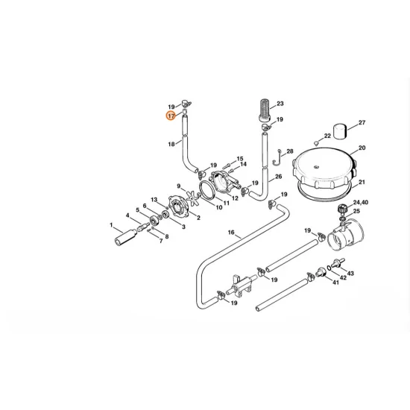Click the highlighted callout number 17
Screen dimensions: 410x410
coord(171,116)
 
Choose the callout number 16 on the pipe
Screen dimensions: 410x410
coord(231,233)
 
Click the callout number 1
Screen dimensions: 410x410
coord(111,224)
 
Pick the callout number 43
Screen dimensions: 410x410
coord(350,274)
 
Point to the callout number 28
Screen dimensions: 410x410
coord(290,151)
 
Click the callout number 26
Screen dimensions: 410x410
coord(278,177)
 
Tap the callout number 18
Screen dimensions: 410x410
coord(171,143)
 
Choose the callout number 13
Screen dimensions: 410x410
coord(153,200)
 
